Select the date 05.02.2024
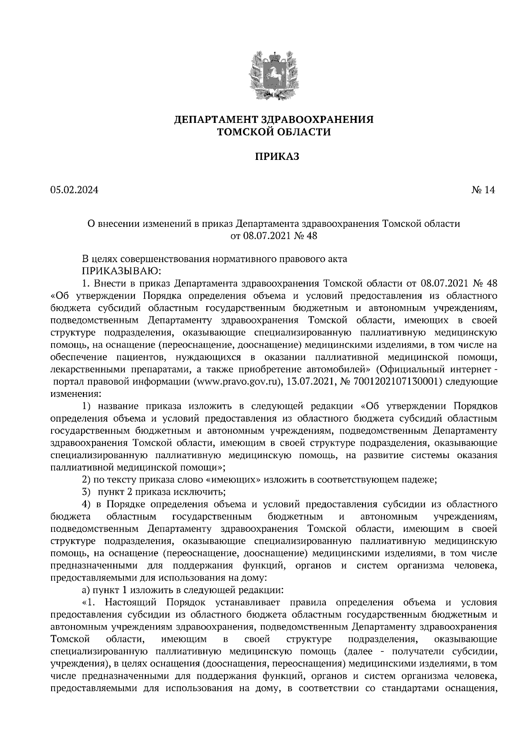[74, 190]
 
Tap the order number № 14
[483, 190]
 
